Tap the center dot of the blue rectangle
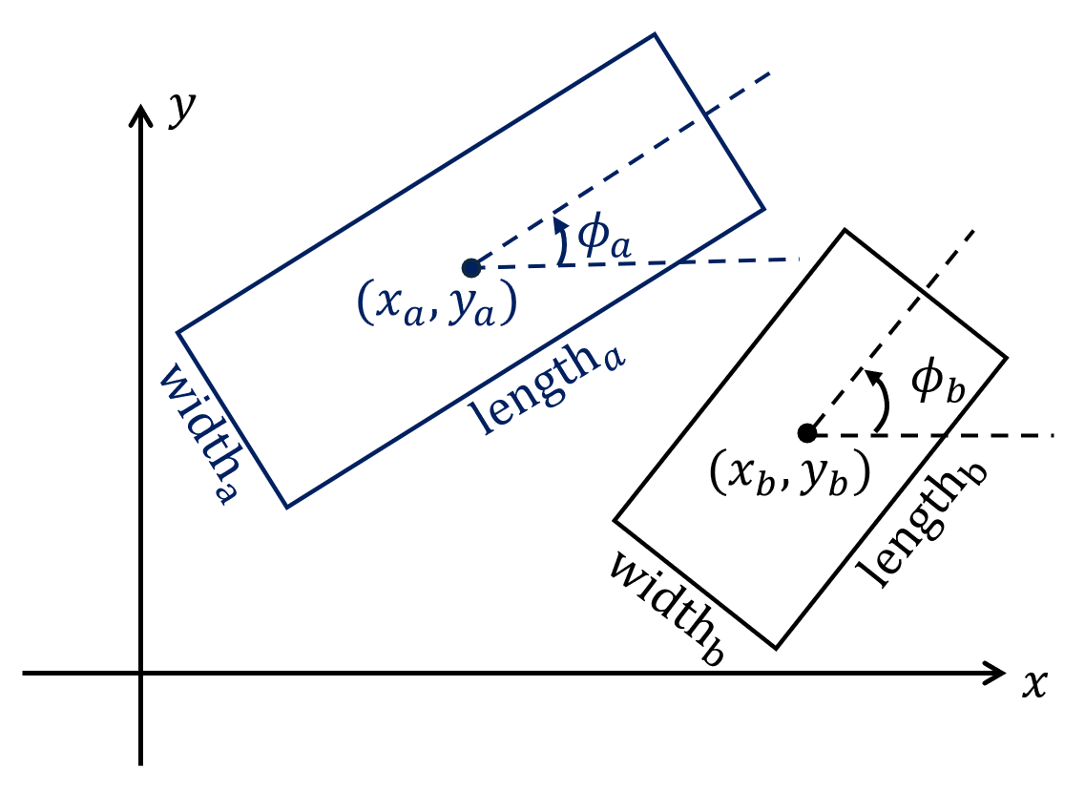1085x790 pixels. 470,268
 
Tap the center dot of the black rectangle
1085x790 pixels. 806,433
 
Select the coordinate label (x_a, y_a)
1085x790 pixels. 437,303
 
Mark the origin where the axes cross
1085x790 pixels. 141,674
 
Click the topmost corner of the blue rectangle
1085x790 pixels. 655,34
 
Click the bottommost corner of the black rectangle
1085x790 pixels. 775,649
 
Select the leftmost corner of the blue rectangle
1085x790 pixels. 177,332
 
